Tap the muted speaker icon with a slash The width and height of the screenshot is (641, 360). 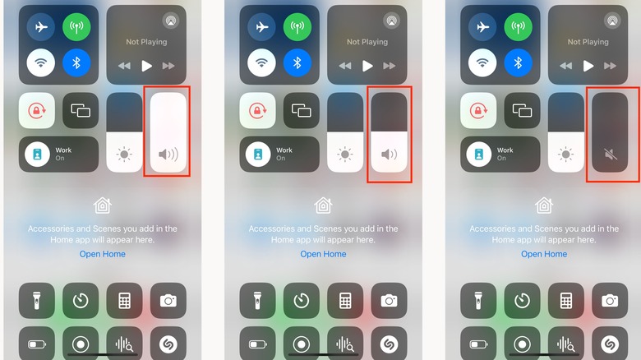pyautogui.click(x=611, y=155)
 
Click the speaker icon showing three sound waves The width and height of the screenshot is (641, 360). pyautogui.click(x=168, y=155)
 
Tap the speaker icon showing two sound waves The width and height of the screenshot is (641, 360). pyautogui.click(x=389, y=155)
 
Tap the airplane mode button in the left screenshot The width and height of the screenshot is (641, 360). pyautogui.click(x=41, y=27)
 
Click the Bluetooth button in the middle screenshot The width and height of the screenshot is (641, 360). pyautogui.click(x=297, y=62)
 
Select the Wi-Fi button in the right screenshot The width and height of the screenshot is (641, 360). pyautogui.click(x=482, y=62)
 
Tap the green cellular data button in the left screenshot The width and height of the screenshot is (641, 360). pyautogui.click(x=76, y=27)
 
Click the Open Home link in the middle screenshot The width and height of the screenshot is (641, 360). pyautogui.click(x=323, y=254)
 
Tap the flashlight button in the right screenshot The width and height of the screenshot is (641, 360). pyautogui.click(x=478, y=301)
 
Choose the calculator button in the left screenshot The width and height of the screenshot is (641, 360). pyautogui.click(x=124, y=301)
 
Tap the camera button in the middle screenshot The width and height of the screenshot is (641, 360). pyautogui.click(x=389, y=301)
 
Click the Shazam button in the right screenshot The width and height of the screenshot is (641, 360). pyautogui.click(x=610, y=344)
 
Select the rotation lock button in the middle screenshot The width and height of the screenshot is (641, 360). pyautogui.click(x=257, y=110)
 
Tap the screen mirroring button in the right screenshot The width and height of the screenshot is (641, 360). pyautogui.click(x=522, y=110)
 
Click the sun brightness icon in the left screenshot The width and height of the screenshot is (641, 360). pyautogui.click(x=124, y=155)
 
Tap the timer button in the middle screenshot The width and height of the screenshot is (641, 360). pyautogui.click(x=302, y=301)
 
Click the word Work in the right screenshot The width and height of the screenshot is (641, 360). pyautogui.click(x=505, y=150)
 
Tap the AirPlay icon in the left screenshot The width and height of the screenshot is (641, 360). pyautogui.click(x=171, y=21)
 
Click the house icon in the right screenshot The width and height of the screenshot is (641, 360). pyautogui.click(x=544, y=205)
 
